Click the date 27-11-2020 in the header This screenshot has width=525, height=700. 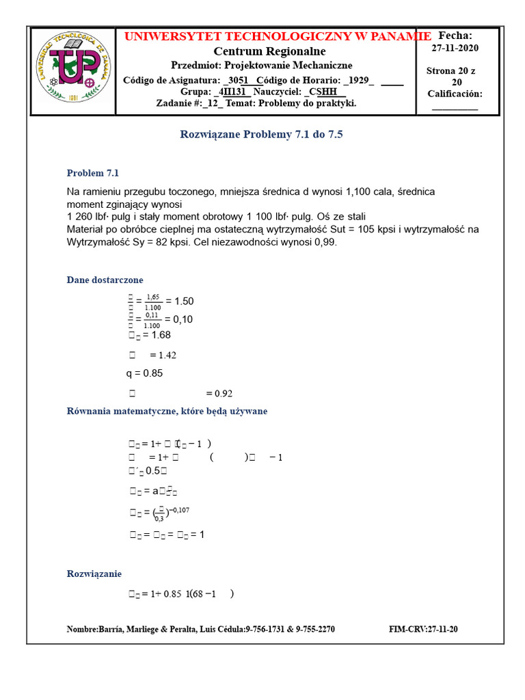tap(455, 48)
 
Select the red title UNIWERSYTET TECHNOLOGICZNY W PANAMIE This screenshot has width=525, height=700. tap(278, 36)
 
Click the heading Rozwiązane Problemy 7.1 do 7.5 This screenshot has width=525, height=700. tap(261, 135)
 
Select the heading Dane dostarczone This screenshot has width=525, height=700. tap(105, 280)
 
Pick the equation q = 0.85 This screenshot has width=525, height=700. tap(144, 373)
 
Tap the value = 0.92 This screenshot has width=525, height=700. tap(219, 393)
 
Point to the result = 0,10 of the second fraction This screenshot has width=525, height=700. tap(179, 319)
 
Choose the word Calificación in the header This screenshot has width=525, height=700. tap(455, 94)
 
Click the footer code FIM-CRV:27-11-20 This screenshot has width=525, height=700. tap(423, 629)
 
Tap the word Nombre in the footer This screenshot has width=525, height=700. tap(82, 629)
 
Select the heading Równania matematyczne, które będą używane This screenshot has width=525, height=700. tap(167, 411)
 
